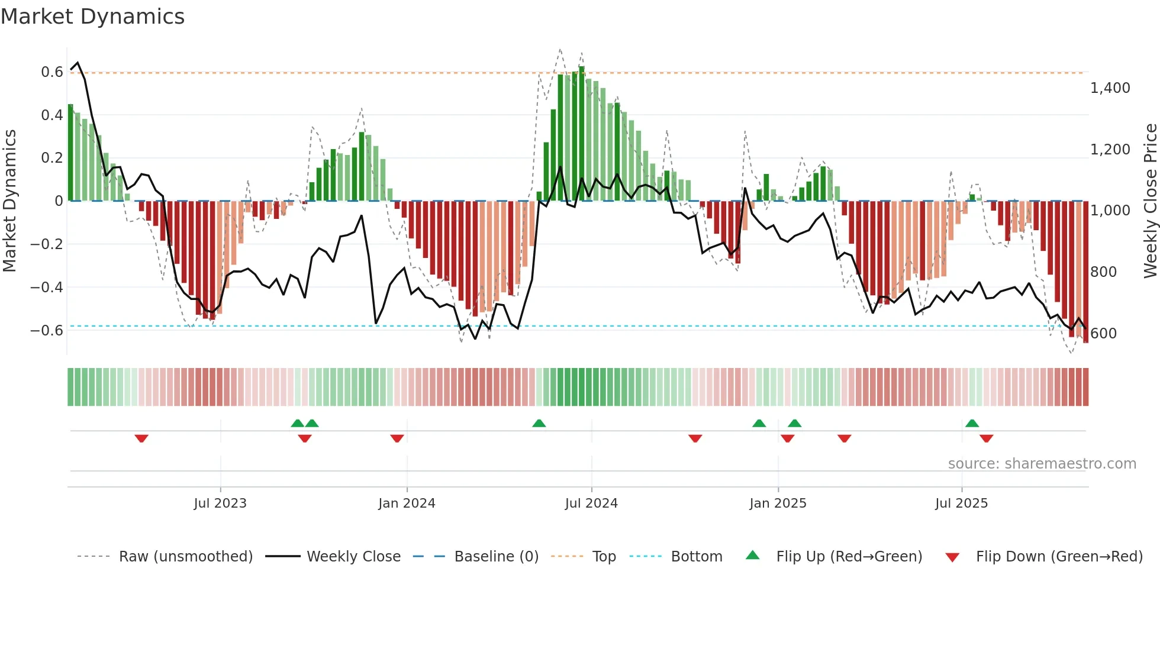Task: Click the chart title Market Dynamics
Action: [x=93, y=17]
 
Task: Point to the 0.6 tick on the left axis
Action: [x=51, y=72]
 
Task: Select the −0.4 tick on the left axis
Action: [x=47, y=288]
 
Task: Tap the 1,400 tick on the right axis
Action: [x=1110, y=88]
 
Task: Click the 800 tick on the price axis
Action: [x=1103, y=272]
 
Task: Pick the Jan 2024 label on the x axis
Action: [x=407, y=503]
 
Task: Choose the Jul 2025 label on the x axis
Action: [x=961, y=503]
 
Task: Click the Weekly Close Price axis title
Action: [x=1150, y=201]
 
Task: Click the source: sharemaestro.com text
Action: [x=1042, y=464]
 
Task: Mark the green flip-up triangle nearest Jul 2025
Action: [x=972, y=423]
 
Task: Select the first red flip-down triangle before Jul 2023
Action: [x=141, y=438]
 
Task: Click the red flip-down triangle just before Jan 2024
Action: [x=397, y=438]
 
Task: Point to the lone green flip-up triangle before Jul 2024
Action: [x=539, y=423]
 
